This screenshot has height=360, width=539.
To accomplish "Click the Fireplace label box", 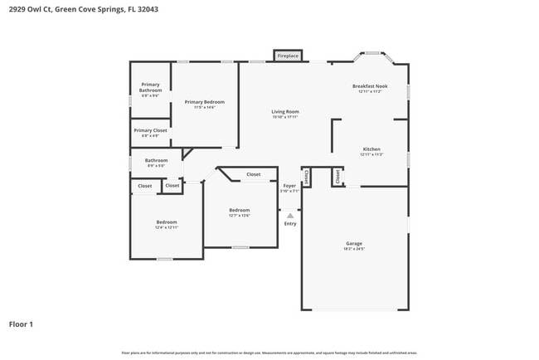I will (x=288, y=56).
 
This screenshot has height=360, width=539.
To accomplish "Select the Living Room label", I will (x=285, y=111).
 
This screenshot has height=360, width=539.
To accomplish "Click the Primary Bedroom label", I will (x=204, y=101).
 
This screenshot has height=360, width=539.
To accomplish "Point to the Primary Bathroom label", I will (x=150, y=86).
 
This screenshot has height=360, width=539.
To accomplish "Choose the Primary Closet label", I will (x=150, y=130).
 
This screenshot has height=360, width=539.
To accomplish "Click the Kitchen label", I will (x=371, y=149).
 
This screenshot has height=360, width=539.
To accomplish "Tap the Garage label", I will (x=354, y=243).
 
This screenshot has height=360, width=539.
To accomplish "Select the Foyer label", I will (x=289, y=186).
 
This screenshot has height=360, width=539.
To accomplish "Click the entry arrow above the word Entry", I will (x=290, y=215).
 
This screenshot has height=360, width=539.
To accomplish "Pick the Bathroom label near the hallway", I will (x=156, y=160).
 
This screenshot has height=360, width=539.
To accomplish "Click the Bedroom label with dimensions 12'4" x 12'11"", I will (x=167, y=221).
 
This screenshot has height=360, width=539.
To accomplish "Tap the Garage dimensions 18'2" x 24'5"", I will (x=354, y=249).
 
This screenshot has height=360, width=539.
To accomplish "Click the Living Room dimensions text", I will (x=285, y=117).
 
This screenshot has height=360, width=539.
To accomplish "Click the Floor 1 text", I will (x=21, y=324).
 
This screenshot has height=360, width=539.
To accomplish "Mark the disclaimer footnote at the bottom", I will (x=269, y=353).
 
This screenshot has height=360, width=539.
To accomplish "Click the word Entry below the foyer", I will (x=290, y=223).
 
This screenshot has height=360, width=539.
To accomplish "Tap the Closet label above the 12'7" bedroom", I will (x=253, y=174).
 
